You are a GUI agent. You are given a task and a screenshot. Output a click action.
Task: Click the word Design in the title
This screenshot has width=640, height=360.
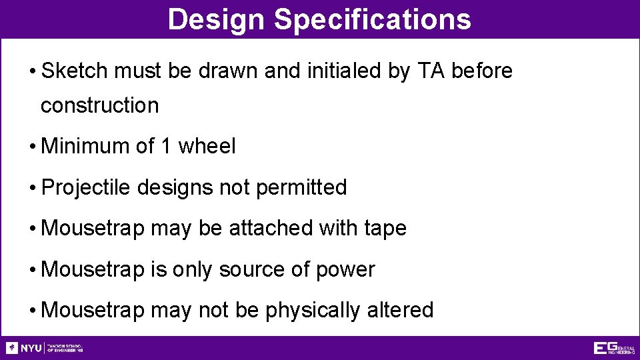click(217, 19)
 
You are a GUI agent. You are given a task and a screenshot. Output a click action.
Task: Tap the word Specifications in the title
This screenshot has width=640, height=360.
click(372, 19)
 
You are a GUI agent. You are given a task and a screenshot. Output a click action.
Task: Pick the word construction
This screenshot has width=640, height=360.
click(100, 105)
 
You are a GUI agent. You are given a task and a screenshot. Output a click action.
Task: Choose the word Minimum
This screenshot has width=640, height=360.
click(85, 146)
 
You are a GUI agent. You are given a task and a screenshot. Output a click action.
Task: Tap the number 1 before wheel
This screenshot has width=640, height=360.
click(166, 146)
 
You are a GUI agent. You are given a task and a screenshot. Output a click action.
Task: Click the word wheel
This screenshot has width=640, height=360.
click(207, 146)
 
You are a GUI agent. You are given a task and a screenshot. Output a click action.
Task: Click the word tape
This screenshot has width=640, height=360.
click(385, 229)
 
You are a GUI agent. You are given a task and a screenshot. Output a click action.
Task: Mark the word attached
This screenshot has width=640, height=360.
click(271, 229)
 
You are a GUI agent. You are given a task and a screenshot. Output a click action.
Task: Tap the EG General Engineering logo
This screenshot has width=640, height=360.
click(613, 348)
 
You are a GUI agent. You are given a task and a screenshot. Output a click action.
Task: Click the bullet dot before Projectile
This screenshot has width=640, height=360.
click(33, 189)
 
